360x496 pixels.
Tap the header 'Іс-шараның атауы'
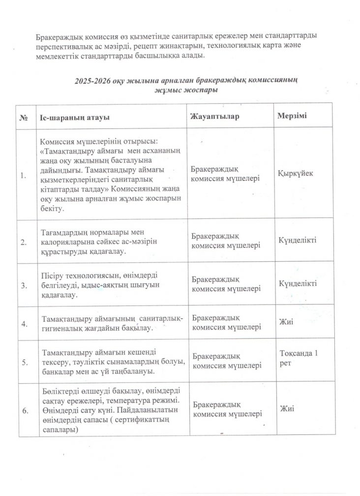tap(74, 118)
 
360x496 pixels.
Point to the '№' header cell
tap(23, 118)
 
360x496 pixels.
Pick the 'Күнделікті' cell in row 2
tap(298, 240)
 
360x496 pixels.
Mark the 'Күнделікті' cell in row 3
tap(298, 284)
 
